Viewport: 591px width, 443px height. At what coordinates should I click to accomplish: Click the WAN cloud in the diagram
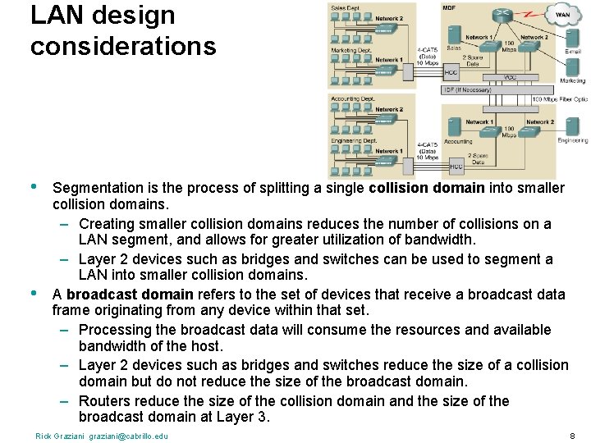563,13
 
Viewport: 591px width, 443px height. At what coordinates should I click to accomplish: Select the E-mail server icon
572,38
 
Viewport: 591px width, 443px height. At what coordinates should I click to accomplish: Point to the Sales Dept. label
346,7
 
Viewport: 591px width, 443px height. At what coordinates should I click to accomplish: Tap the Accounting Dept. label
350,98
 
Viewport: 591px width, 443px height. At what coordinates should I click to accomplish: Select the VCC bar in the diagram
509,76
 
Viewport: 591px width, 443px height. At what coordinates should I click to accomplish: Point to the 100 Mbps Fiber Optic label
559,99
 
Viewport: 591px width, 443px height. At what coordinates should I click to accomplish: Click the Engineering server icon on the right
572,127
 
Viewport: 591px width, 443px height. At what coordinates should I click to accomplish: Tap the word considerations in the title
123,46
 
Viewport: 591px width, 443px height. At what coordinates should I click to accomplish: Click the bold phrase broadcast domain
130,294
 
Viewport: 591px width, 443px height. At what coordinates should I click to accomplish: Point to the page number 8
572,436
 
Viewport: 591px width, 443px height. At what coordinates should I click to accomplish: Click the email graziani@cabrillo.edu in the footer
127,436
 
